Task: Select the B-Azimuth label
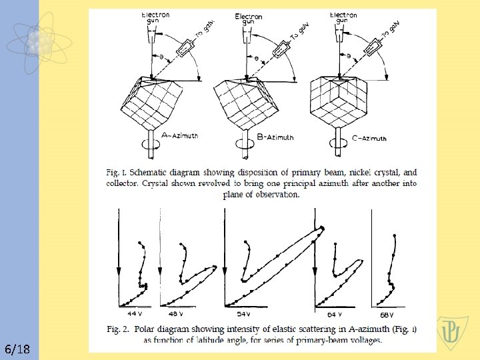[x=275, y=137]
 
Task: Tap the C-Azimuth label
[x=368, y=138]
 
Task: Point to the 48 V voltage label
[x=176, y=313]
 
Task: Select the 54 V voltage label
[x=244, y=313]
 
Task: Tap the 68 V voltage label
[x=387, y=314]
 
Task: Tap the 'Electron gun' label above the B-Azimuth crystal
[x=249, y=19]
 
